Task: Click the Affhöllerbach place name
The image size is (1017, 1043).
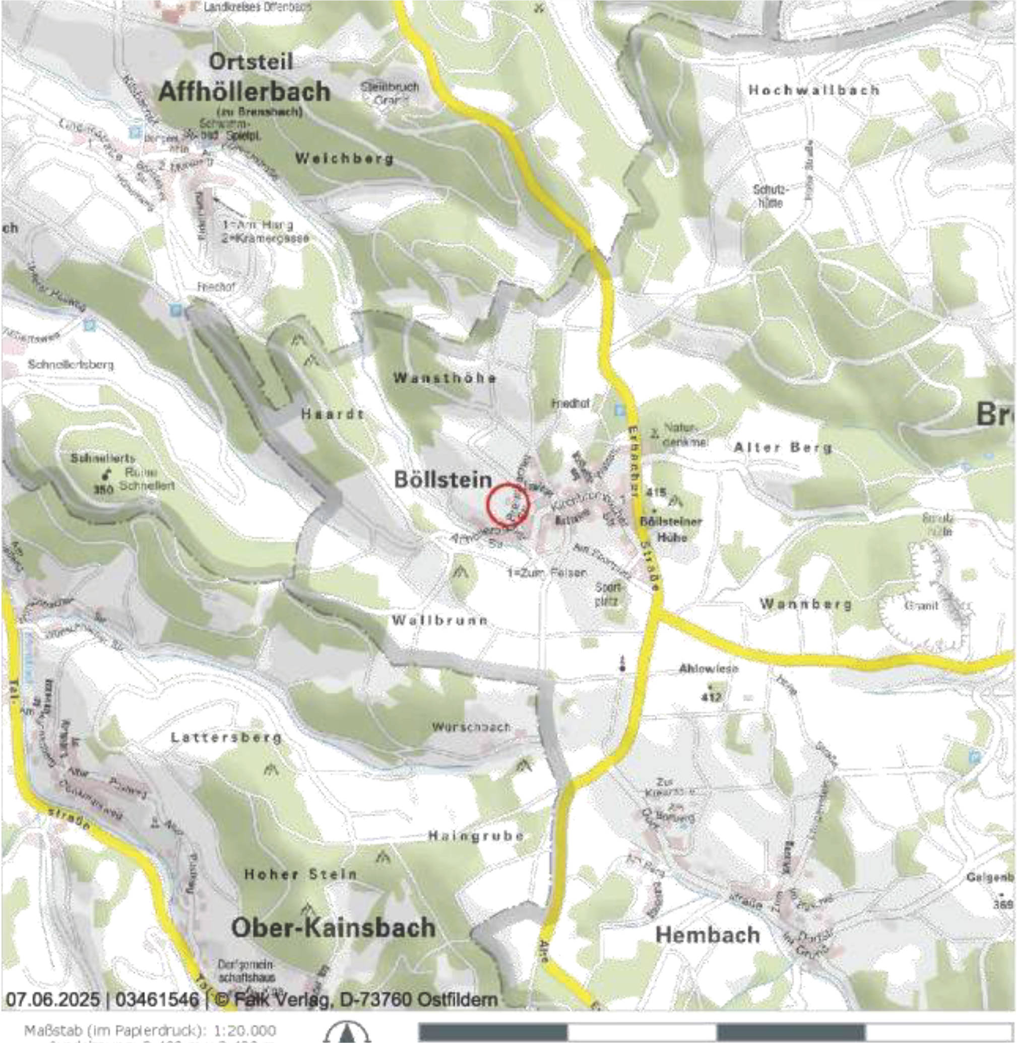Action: click(244, 92)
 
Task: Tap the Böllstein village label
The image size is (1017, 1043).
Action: click(442, 479)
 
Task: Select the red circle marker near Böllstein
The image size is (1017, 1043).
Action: click(507, 505)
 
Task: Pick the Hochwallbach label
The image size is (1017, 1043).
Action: click(813, 90)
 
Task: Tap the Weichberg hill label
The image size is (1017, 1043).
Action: click(344, 159)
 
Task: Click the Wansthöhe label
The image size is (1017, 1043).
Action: click(445, 378)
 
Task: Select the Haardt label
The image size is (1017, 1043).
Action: click(332, 413)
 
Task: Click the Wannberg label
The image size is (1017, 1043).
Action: click(805, 604)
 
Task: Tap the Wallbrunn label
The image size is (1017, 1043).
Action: click(439, 620)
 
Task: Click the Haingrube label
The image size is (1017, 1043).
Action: click(476, 836)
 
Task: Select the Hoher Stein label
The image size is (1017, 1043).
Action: click(300, 874)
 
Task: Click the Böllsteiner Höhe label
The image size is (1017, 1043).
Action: click(671, 529)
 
